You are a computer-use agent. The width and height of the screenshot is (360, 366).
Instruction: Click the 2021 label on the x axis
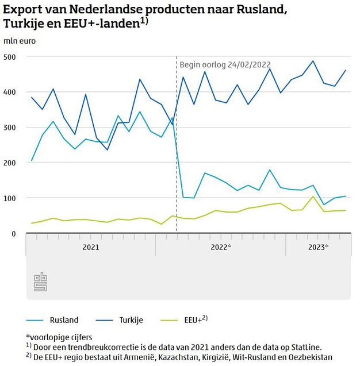point(90,247)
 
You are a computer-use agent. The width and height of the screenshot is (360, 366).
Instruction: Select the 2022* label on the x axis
point(221,247)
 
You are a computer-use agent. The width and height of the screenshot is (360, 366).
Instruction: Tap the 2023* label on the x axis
point(318,247)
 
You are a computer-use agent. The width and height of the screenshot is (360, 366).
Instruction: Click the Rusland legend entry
point(63,320)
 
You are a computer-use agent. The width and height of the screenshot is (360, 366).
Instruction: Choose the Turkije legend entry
point(131,320)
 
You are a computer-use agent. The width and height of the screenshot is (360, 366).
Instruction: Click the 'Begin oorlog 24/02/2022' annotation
point(225,65)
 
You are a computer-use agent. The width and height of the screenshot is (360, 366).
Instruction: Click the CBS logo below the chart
point(40,282)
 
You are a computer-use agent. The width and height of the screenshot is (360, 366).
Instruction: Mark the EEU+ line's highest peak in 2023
point(313,197)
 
